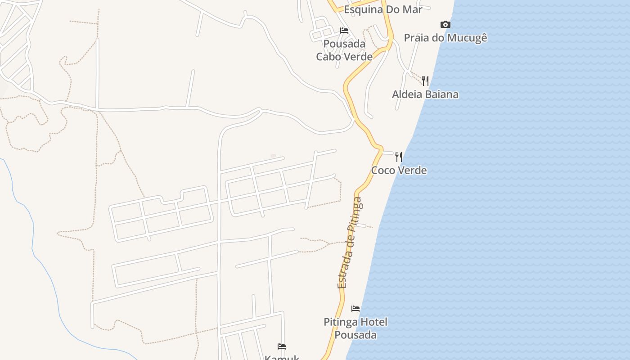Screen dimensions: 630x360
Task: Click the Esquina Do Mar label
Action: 383,9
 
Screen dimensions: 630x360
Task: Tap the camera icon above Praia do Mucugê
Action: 445,24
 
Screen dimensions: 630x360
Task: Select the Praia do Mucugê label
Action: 445,38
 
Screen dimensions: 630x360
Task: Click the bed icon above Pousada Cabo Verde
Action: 344,31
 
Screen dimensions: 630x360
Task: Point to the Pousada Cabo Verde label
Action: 344,50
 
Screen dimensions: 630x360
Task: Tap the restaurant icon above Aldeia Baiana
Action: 425,81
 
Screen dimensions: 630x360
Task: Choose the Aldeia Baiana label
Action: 425,94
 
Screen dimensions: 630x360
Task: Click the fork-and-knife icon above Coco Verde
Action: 399,157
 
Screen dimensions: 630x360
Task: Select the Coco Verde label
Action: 399,171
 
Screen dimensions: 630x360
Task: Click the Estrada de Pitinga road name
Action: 350,243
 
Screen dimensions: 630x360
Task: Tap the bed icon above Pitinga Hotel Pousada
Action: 355,309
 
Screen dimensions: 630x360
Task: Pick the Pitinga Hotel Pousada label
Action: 355,328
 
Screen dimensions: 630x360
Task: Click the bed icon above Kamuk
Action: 282,346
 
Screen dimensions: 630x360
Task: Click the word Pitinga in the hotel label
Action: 339,322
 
